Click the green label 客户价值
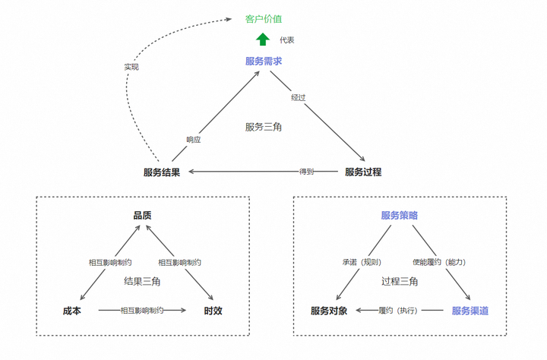[264, 19]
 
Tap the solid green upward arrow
[263, 39]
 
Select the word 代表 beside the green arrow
[286, 40]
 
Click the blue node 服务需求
[264, 61]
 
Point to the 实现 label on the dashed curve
[131, 67]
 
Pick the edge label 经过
[299, 98]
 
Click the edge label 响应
[193, 140]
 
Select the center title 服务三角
[264, 127]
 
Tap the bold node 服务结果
[162, 172]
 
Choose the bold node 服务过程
[363, 172]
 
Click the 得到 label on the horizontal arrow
[306, 172]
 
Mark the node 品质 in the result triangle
[142, 215]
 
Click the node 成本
[72, 311]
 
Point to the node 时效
[213, 311]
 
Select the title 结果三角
[142, 281]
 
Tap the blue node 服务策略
[400, 215]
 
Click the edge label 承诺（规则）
[362, 262]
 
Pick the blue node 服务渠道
[470, 311]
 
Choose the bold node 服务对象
[329, 311]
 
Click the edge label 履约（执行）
[398, 311]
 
